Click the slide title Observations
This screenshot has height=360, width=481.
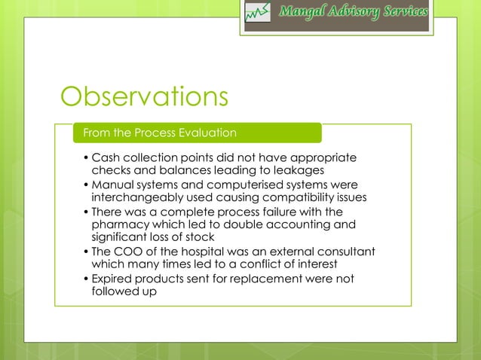144,96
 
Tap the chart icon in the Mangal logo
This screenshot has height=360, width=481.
259,14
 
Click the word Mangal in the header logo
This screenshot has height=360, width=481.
302,13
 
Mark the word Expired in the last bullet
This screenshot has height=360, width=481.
112,279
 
